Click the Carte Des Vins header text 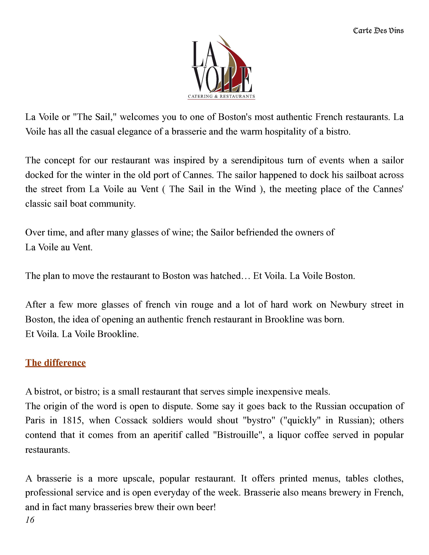coord(378,31)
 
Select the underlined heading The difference coord(55,363)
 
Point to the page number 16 coord(30,520)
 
